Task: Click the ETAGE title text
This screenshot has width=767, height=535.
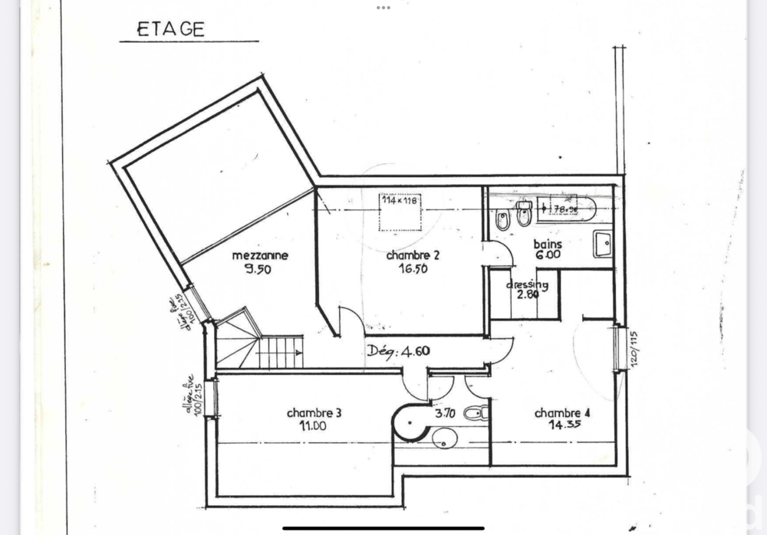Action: coord(170,29)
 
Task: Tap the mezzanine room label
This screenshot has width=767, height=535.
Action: coord(260,256)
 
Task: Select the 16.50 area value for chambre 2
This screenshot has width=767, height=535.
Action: coord(413,269)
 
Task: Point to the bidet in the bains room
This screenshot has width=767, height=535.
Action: coord(502,222)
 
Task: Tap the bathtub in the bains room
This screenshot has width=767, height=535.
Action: coord(566,208)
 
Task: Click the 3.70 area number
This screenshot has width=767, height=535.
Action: coord(446,412)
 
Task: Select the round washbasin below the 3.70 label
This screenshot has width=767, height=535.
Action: coord(445,438)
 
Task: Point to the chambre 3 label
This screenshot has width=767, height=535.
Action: coord(314,412)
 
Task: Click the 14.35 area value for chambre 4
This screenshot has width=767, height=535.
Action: coord(563,426)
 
